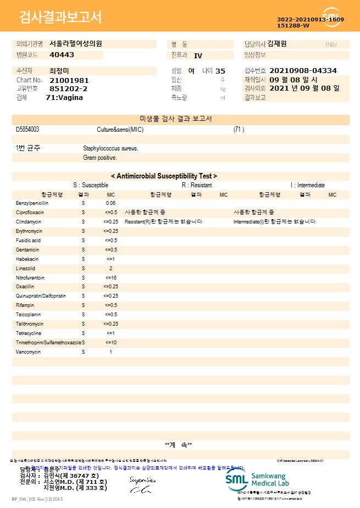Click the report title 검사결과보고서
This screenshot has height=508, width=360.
tap(60, 18)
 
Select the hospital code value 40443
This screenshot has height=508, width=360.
tap(62, 55)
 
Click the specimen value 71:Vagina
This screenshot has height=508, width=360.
tap(64, 97)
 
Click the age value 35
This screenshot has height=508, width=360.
tap(220, 71)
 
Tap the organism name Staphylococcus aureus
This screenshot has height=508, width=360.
tap(110, 148)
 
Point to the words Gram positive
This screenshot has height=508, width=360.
tap(100, 158)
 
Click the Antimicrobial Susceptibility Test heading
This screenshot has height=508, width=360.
tap(164, 176)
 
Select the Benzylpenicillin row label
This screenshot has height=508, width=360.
tap(32, 203)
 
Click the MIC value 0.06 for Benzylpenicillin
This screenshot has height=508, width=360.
tap(110, 203)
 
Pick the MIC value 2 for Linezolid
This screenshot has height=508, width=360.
tap(110, 269)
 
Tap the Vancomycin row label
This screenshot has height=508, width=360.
tap(29, 352)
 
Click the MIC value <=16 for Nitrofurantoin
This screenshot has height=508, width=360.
tap(110, 278)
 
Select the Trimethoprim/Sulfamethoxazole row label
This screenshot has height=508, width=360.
tap(48, 343)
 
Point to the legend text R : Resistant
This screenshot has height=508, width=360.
tap(197, 186)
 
